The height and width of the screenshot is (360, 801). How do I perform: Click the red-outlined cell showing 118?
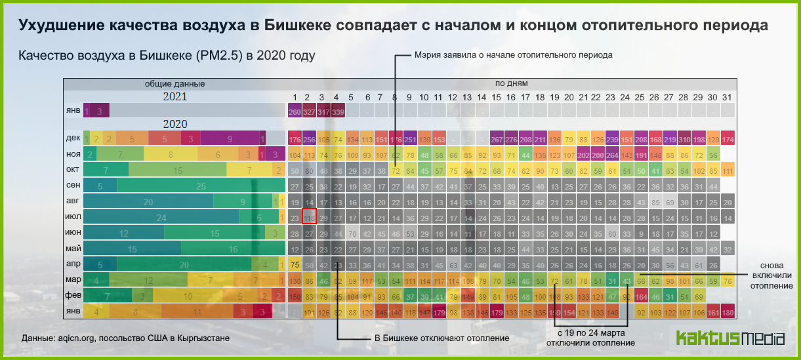click(x=309, y=218)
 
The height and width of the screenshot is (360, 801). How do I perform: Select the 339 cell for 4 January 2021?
click(x=338, y=112)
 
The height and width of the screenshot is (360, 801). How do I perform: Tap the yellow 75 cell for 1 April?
click(x=295, y=265)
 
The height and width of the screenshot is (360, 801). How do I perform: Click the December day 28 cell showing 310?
click(x=684, y=140)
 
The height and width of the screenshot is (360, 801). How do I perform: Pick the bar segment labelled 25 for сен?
click(x=201, y=186)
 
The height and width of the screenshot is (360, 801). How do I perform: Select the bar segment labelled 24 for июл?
click(x=161, y=218)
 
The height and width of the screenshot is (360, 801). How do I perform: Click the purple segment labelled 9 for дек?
click(x=230, y=139)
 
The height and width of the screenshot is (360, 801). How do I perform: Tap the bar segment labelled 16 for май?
click(x=234, y=249)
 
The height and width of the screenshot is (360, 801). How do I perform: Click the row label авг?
click(x=73, y=202)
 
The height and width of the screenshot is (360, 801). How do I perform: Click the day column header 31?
click(x=726, y=97)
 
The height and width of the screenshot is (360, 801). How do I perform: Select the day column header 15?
click(x=496, y=97)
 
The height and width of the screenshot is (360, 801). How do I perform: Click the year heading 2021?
click(x=175, y=96)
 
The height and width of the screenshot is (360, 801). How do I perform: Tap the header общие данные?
click(x=175, y=84)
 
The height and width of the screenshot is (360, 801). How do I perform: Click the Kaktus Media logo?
click(x=729, y=338)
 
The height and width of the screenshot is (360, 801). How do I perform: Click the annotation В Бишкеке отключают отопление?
click(x=432, y=338)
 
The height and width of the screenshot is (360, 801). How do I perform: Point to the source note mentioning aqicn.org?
click(x=125, y=338)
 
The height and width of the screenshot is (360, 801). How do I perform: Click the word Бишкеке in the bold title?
click(x=295, y=26)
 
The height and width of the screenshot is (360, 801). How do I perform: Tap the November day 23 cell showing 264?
click(x=611, y=155)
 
